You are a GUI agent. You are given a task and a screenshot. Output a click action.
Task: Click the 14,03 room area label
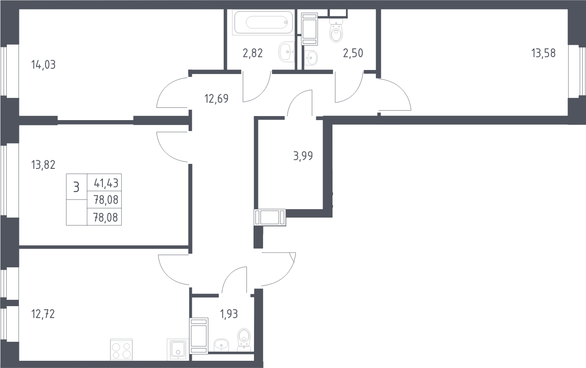(x=43, y=65)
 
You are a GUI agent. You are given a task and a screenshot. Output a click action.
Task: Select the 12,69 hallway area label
(x=217, y=99)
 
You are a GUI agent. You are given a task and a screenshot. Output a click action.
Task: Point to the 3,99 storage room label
(x=303, y=156)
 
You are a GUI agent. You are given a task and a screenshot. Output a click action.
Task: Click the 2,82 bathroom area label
(x=253, y=53)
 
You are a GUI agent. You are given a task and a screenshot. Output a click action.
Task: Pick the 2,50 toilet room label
(x=353, y=53)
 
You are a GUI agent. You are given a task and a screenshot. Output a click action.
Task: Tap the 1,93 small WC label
(x=229, y=314)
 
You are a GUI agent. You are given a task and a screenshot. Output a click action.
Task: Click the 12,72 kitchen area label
(x=43, y=314)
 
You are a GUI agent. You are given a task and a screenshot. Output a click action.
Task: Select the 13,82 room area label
(x=43, y=165)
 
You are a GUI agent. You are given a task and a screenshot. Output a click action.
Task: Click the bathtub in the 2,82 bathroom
(x=263, y=23)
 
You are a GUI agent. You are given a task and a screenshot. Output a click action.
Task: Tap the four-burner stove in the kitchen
(x=121, y=350)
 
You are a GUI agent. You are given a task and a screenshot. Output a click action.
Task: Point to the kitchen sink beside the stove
(x=178, y=349)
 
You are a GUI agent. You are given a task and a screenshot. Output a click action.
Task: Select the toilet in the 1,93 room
(x=244, y=340)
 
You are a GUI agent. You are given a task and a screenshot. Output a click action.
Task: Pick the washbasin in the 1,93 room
(x=221, y=345)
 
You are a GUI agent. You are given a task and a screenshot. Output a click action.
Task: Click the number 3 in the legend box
(x=76, y=187)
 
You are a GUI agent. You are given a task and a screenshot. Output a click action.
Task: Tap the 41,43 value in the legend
(x=106, y=183)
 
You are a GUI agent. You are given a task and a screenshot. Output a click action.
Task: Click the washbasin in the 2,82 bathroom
(x=287, y=52)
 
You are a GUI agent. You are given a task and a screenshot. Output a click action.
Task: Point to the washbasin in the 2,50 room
(x=310, y=57)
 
